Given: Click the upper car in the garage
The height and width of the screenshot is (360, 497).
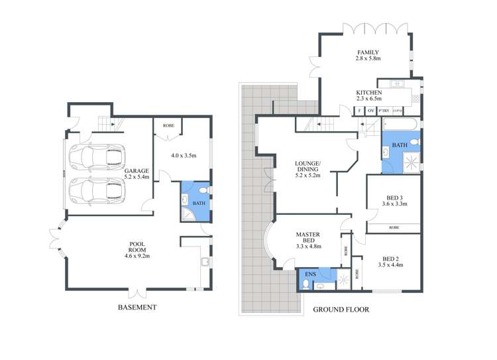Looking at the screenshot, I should pos(97,157).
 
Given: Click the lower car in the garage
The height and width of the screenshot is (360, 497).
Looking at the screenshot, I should pos(97,191).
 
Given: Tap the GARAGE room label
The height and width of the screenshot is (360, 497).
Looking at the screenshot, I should pos(137,174).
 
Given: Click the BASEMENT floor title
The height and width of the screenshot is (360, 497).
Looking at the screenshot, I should pos(137,307).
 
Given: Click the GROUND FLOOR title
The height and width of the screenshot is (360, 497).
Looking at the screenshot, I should pos(341,310).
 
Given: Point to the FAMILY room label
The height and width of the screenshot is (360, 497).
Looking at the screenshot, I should pos(368,55).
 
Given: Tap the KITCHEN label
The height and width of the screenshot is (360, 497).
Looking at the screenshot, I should pos(369,95).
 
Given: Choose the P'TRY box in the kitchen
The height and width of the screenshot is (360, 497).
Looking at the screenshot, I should pos(384,111).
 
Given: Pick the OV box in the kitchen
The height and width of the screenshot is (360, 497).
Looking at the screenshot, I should pos(371,111).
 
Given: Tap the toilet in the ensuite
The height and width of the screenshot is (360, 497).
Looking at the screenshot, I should pos(304,284).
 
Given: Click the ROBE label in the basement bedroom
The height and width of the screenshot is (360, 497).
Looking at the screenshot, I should pos(168,124).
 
